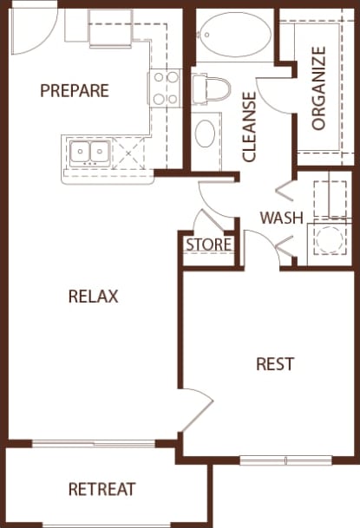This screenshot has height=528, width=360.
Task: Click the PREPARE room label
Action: [74, 90]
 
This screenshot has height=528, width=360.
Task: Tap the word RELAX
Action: [93, 297]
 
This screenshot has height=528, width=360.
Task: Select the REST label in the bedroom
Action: [275, 363]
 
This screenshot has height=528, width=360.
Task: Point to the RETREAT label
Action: [101, 490]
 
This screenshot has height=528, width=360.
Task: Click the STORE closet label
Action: [209, 244]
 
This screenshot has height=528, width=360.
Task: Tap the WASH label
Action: [282, 217]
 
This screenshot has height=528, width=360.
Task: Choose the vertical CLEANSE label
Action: [250, 127]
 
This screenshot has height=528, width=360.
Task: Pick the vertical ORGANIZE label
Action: [318, 88]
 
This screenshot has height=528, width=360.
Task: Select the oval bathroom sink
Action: [206, 134]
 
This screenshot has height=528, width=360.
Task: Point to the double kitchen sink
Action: [88, 154]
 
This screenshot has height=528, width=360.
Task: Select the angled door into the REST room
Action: [197, 414]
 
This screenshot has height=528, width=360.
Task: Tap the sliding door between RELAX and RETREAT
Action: [94, 444]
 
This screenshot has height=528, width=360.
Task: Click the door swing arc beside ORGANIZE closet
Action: [275, 95]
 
